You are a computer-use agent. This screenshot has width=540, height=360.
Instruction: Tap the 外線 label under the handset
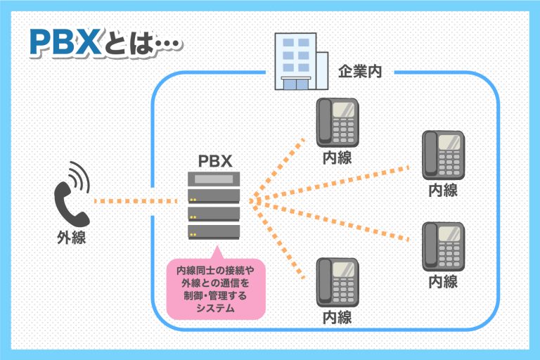click(x=71, y=238)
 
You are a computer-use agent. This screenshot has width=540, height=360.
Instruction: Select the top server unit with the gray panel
click(x=214, y=181)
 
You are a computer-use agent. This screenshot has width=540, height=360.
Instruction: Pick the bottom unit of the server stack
click(x=214, y=231)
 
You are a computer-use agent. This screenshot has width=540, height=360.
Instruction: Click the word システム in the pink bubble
click(x=215, y=308)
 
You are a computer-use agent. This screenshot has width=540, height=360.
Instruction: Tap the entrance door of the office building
click(x=296, y=84)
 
